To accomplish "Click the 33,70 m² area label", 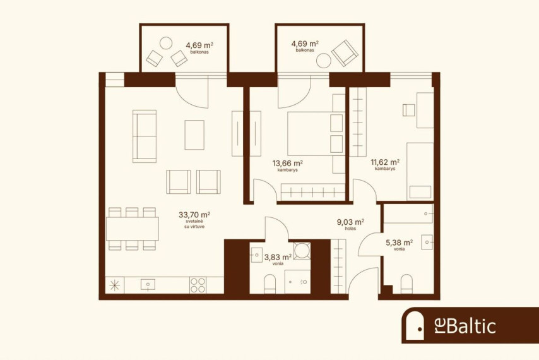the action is click(x=194, y=215).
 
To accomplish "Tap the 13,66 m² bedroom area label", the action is click(x=287, y=163).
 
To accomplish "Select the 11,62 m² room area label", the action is click(x=384, y=162).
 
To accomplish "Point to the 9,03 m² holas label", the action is click(x=350, y=222).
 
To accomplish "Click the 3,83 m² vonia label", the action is click(x=278, y=257).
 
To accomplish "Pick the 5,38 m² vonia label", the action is click(x=399, y=243).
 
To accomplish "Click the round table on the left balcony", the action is click(x=166, y=44).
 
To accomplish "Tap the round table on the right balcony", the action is click(x=324, y=61).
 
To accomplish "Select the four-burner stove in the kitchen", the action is click(x=198, y=285).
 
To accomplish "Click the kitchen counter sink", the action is click(x=148, y=285).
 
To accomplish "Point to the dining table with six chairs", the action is click(x=133, y=229).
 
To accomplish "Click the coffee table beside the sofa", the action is click(x=194, y=135).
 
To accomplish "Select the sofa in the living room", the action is click(x=145, y=136).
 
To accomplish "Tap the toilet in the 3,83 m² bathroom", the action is click(x=270, y=284).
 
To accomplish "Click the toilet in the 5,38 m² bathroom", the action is click(x=406, y=284).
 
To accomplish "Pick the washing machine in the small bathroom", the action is click(x=302, y=251).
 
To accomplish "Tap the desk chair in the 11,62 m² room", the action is click(x=409, y=110).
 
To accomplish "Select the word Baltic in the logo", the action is click(x=472, y=325).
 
